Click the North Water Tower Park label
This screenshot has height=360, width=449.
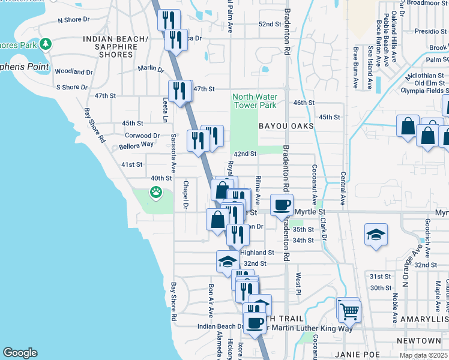pyautogui.click(x=254, y=101)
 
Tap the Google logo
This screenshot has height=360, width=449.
pyautogui.click(x=20, y=353)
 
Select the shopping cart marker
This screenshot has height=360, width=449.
pyautogui.click(x=349, y=311)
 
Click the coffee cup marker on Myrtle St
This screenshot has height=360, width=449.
pyautogui.click(x=282, y=205)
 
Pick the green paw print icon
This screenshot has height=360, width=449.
pyautogui.click(x=156, y=193)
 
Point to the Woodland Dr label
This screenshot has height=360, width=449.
pyautogui.click(x=73, y=71)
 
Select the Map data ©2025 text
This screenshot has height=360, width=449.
pyautogui.click(x=423, y=356)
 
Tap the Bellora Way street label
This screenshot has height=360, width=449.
pyautogui.click(x=135, y=145)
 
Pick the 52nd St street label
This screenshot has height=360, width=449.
pyautogui.click(x=270, y=24)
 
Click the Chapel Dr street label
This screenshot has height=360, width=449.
pyautogui.click(x=186, y=196)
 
